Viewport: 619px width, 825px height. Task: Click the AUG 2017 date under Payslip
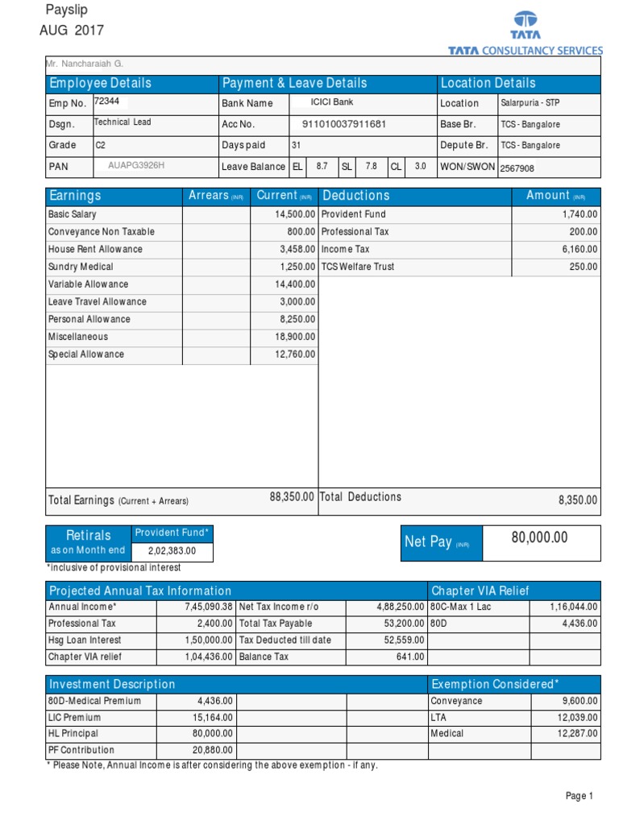point(72,31)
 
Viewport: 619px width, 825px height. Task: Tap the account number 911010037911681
point(344,124)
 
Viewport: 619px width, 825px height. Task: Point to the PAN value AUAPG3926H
point(136,166)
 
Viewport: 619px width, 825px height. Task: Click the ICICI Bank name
point(332,102)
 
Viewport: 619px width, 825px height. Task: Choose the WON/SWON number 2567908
point(517,168)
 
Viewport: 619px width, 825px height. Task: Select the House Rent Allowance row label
point(95,250)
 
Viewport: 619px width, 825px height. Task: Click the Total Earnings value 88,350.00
point(291,498)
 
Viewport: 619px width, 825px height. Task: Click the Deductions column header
point(355,196)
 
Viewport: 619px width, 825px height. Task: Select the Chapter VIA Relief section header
point(480,591)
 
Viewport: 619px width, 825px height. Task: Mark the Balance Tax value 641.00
point(410,657)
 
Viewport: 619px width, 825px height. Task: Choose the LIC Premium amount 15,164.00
point(212,717)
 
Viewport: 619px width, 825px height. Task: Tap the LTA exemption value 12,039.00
point(576,717)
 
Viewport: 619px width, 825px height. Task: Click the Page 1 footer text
point(579,796)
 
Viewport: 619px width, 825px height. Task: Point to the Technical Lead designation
point(123,122)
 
